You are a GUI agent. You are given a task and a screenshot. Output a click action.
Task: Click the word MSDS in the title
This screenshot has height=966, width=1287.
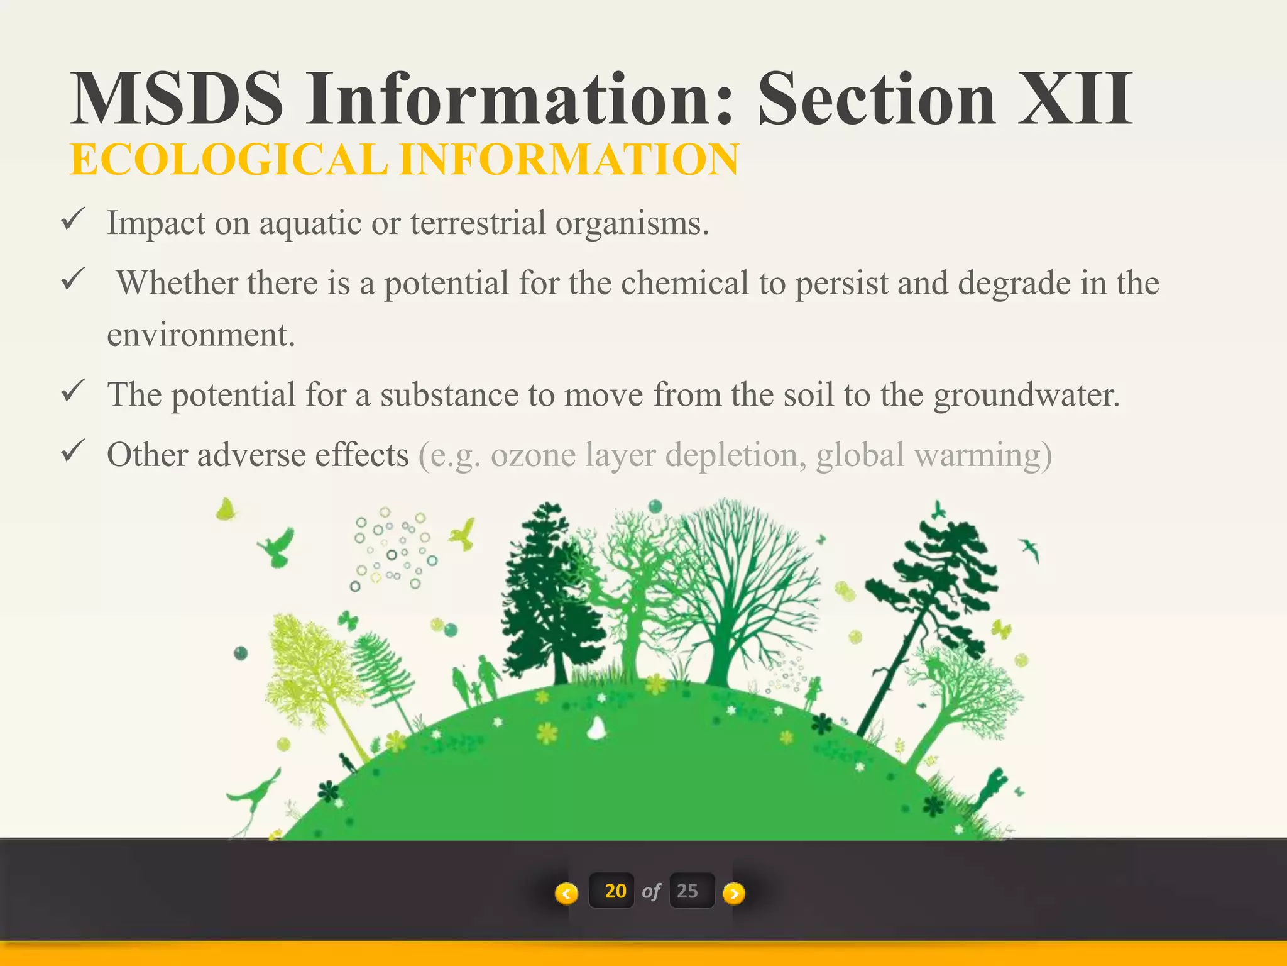(177, 99)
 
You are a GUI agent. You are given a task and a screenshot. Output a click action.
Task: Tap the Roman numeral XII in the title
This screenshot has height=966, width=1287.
(1075, 99)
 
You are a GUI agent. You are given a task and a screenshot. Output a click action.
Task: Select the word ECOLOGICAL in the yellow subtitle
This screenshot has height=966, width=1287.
(229, 160)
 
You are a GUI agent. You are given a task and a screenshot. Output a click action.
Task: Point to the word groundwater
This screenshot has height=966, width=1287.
(1026, 395)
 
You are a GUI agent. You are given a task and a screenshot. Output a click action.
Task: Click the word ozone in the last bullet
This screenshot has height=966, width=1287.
(533, 455)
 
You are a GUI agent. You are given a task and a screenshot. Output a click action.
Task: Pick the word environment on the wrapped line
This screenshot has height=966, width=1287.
(200, 335)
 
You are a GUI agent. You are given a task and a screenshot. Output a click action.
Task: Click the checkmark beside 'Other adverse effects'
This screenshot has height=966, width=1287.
(73, 451)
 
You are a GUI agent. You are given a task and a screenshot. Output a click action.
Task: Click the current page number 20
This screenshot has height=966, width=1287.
(615, 891)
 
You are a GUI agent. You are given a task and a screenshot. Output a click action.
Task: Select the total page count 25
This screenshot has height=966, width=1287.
(687, 891)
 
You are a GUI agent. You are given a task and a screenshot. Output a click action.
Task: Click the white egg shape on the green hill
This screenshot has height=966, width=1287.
(596, 728)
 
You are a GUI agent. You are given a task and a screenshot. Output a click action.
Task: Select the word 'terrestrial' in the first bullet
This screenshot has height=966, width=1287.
(478, 223)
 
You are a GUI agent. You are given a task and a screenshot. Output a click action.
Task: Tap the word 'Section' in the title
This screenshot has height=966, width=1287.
(876, 99)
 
